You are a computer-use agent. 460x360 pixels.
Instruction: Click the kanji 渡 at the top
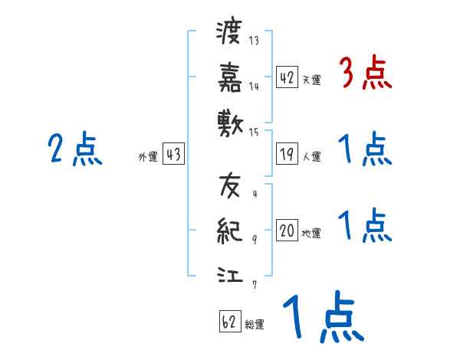tap(229, 34)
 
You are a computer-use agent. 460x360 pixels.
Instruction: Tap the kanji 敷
tap(229, 120)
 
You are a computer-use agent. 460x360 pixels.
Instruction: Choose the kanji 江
tap(229, 272)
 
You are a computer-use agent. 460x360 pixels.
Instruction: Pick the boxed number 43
tap(173, 155)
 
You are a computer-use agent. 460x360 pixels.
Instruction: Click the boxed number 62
tap(230, 322)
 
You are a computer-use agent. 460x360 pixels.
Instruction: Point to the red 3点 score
tap(365, 74)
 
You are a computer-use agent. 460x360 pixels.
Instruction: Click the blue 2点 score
tap(75, 149)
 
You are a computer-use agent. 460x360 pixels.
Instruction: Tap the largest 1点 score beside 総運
tap(322, 319)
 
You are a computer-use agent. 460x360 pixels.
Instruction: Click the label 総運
tap(255, 325)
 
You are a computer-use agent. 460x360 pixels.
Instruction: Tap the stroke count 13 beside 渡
tap(254, 41)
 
